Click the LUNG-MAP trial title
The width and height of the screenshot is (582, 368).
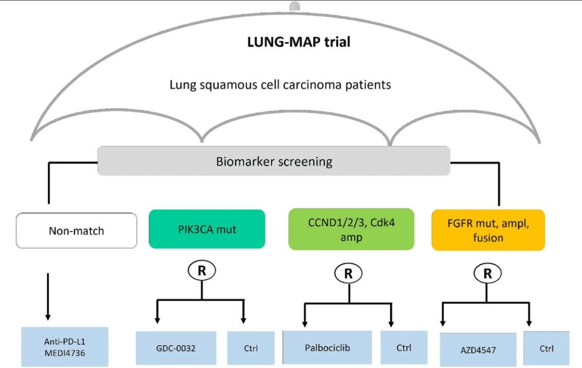pyautogui.click(x=298, y=42)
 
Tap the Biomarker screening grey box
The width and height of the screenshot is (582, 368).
pyautogui.click(x=274, y=161)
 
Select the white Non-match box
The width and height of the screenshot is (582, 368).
pyautogui.click(x=76, y=230)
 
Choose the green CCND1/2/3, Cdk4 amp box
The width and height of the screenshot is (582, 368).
pyautogui.click(x=351, y=229)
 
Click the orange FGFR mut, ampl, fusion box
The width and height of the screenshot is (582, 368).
pyautogui.click(x=488, y=230)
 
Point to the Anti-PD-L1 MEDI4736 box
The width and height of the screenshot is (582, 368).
pyautogui.click(x=65, y=347)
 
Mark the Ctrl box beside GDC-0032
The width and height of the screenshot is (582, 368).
pyautogui.click(x=251, y=348)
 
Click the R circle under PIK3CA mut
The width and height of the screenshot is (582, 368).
pyautogui.click(x=202, y=271)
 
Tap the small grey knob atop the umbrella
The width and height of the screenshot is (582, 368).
pyautogui.click(x=294, y=6)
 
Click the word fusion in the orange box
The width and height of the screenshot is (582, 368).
pyautogui.click(x=488, y=238)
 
